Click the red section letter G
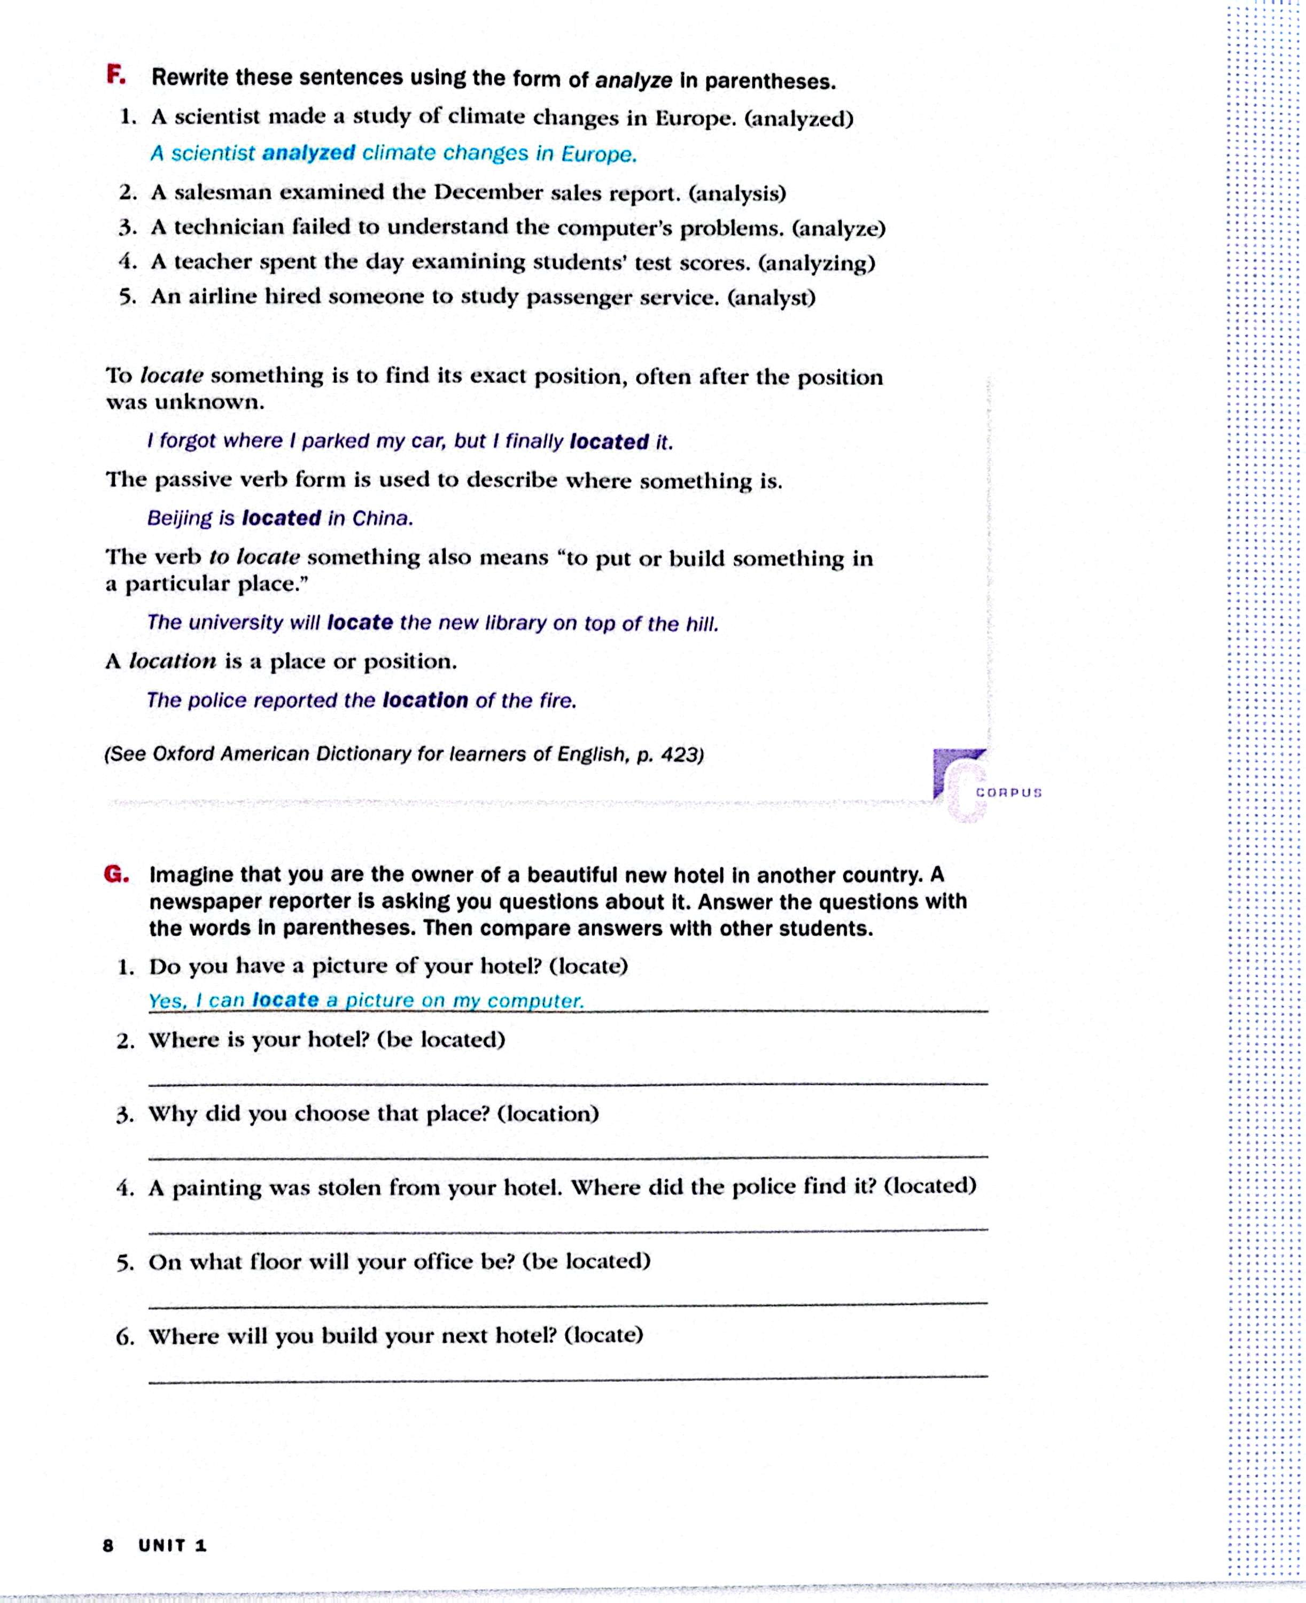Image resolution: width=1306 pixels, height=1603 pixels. pos(116,874)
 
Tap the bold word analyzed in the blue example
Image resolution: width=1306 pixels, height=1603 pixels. pos(308,153)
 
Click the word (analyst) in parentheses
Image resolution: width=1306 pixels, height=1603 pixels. pos(771,298)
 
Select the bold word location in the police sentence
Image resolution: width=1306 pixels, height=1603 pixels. pos(425,701)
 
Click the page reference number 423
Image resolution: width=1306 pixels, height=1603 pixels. pos(681,754)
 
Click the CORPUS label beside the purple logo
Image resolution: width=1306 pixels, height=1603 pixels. pos(1008,793)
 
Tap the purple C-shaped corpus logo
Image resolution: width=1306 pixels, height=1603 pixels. pos(959,782)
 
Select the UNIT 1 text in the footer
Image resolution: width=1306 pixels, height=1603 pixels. pos(172,1545)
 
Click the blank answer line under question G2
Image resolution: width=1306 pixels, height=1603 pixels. pos(568,1083)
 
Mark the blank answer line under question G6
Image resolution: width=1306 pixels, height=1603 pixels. pos(568,1376)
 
